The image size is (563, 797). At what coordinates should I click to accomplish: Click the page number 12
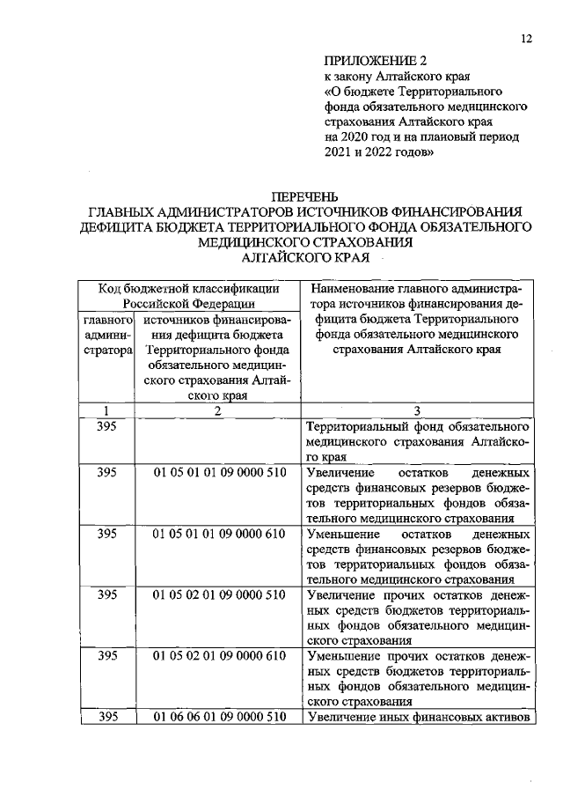click(x=526, y=39)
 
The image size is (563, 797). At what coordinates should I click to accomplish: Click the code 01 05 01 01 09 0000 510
click(x=219, y=472)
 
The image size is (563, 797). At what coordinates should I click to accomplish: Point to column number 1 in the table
click(x=107, y=411)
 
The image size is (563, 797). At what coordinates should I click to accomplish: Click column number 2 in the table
click(x=218, y=411)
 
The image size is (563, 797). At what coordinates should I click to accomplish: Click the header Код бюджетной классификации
click(x=189, y=288)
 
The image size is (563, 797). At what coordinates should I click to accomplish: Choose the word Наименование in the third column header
click(x=352, y=288)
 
